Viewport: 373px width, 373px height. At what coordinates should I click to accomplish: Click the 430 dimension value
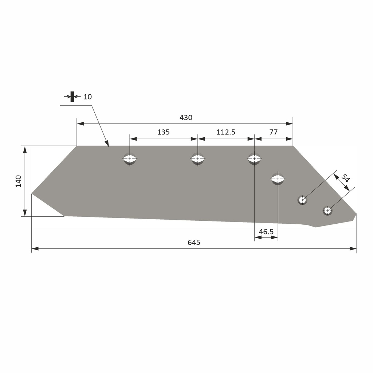[x=186, y=118]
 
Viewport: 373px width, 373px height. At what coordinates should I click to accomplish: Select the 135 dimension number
[x=163, y=132]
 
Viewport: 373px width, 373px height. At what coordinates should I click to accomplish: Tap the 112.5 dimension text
[x=226, y=132]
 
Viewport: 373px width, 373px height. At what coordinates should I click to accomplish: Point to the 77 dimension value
[x=274, y=132]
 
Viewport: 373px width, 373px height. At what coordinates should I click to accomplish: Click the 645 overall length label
[x=194, y=243]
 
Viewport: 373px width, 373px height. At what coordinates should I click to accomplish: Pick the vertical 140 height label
[x=19, y=181]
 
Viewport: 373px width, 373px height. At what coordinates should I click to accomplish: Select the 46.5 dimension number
[x=266, y=231]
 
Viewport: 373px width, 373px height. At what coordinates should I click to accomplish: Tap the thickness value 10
[x=87, y=97]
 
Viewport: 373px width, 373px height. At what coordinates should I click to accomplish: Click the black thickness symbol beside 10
[x=72, y=97]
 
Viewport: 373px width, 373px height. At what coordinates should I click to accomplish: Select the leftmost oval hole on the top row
[x=130, y=159]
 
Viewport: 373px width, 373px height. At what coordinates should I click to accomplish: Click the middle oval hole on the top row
[x=198, y=159]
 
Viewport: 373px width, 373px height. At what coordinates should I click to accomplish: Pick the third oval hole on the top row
[x=254, y=159]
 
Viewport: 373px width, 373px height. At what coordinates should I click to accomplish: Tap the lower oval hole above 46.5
[x=278, y=179]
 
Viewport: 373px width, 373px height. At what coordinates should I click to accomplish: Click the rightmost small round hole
[x=327, y=210]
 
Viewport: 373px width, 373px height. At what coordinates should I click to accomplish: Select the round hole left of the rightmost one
[x=302, y=200]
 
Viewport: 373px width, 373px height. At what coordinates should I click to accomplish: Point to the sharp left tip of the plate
[x=32, y=194]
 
